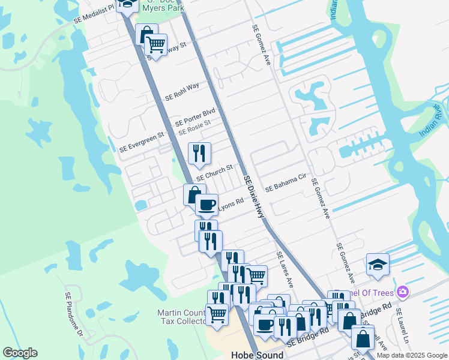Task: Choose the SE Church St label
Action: tap(214, 174)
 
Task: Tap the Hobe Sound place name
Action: tap(257, 355)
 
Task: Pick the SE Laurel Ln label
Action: tap(402, 324)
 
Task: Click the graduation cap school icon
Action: tap(378, 265)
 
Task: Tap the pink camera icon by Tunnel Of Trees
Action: tap(403, 292)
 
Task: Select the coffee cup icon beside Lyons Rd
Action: tap(206, 205)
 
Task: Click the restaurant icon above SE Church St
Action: tap(199, 154)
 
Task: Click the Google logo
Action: tap(20, 353)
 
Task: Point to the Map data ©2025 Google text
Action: tap(411, 355)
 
